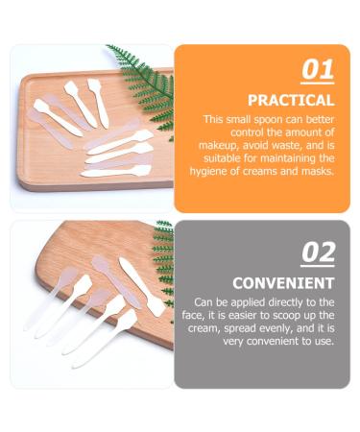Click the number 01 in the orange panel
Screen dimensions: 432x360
(x=318, y=70)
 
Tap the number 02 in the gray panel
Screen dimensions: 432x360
(x=318, y=252)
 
